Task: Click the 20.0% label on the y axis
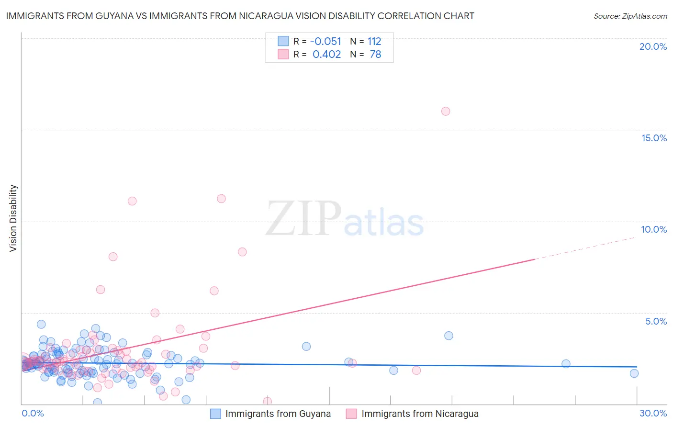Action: [653, 46]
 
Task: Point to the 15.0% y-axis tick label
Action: [654, 138]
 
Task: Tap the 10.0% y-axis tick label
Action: [654, 229]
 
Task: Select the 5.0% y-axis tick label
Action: [656, 321]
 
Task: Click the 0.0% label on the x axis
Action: [33, 413]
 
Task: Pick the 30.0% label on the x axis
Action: [653, 413]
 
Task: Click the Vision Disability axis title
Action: [13, 218]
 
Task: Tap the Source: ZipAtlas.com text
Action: [630, 16]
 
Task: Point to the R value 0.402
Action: [326, 55]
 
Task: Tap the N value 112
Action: [374, 42]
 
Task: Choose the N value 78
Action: [375, 55]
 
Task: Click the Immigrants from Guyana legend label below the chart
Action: [278, 414]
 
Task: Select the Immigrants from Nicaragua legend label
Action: [420, 414]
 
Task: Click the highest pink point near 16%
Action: [446, 112]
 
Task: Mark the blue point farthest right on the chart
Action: [634, 373]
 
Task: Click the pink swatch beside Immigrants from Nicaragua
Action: [351, 414]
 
